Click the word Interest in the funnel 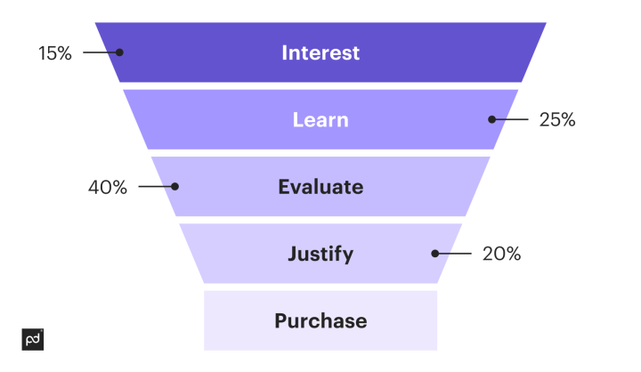click(320, 53)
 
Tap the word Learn click(320, 119)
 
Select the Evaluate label click(320, 187)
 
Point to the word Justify click(320, 254)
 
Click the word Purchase click(320, 320)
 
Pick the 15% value click(54, 53)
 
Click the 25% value click(557, 119)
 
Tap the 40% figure click(108, 187)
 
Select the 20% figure click(501, 254)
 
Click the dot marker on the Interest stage click(120, 53)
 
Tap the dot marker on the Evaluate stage click(175, 187)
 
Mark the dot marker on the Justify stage click(435, 254)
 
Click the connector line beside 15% click(100, 53)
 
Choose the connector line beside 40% click(156, 187)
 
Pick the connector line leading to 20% click(455, 254)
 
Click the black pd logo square click(32, 339)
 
